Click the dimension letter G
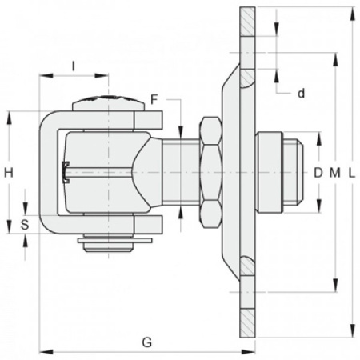coord(147,342)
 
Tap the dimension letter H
coord(9,173)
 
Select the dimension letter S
coord(25,225)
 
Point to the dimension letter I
coord(74,66)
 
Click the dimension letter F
coord(154,99)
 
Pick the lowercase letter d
coord(301,94)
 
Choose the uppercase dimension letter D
coord(318,173)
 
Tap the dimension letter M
coord(335,173)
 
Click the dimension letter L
coord(352,173)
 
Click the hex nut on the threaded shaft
coord(211,172)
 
